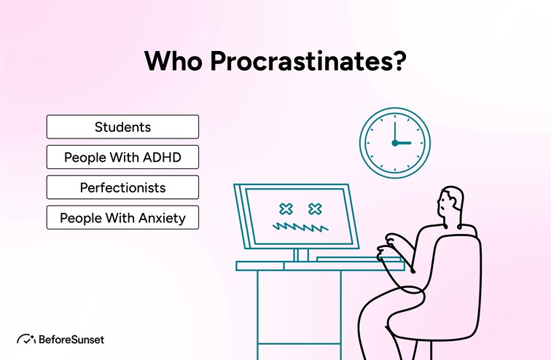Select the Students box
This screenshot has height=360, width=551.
(x=122, y=127)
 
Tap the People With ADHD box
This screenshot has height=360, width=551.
(x=122, y=157)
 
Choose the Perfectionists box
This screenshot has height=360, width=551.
(x=122, y=187)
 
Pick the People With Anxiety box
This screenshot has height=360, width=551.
(x=122, y=218)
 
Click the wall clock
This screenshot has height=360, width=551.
(x=394, y=143)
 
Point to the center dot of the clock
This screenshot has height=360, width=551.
(x=394, y=143)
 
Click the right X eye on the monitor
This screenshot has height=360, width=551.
(x=315, y=210)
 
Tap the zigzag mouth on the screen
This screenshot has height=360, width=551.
(x=299, y=228)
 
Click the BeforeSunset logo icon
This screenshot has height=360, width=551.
(x=27, y=339)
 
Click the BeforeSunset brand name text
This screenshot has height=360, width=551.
(x=71, y=339)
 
